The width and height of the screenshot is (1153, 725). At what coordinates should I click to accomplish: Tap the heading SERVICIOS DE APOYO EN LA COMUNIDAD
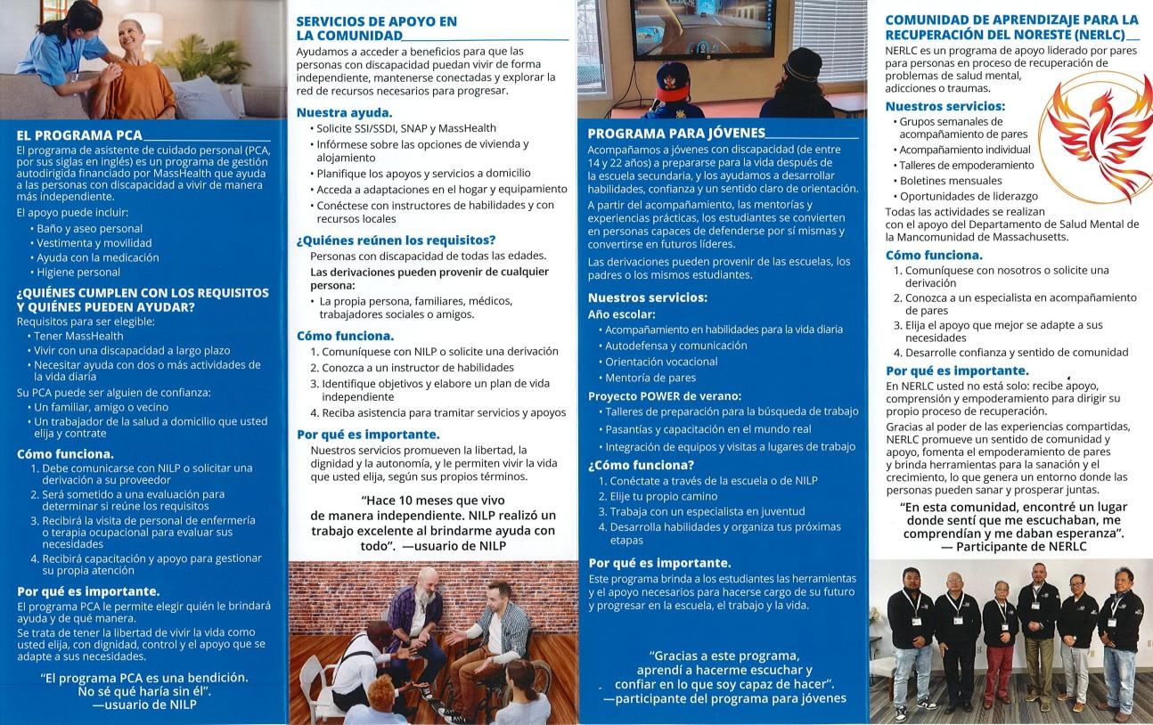click(376, 28)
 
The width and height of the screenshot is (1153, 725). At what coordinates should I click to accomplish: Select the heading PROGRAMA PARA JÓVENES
click(676, 134)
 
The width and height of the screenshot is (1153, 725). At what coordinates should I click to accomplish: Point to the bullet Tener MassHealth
click(78, 336)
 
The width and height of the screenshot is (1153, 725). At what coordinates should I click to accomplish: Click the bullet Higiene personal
click(78, 273)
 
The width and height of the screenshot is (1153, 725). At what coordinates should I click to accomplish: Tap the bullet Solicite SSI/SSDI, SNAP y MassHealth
click(406, 128)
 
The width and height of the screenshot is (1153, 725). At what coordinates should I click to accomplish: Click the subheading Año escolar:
click(622, 314)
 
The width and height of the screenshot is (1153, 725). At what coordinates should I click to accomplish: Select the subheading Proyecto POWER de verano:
click(665, 396)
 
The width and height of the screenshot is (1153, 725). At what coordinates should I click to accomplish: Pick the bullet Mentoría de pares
click(650, 378)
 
